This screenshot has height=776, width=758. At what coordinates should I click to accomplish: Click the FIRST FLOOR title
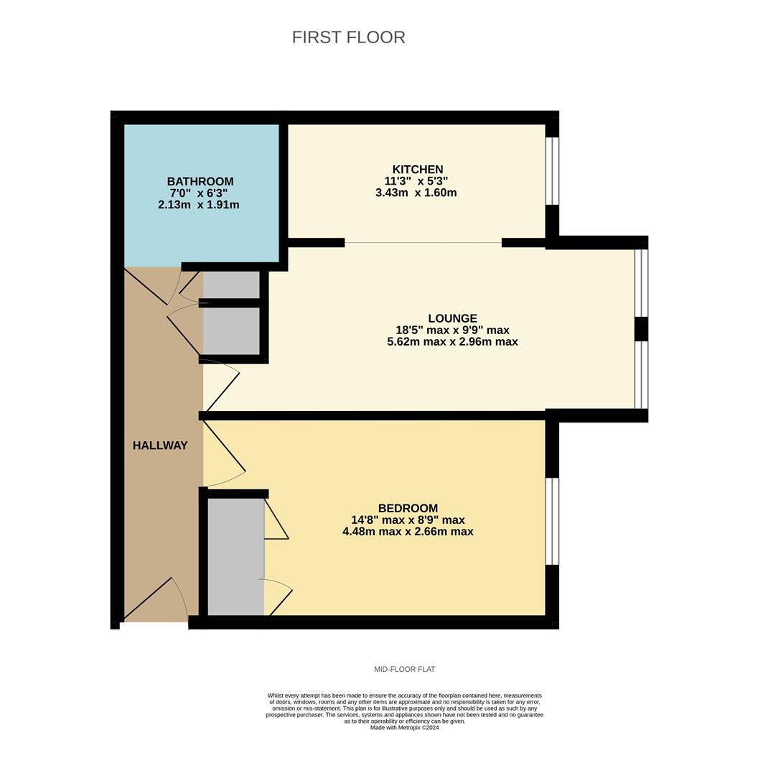(348, 37)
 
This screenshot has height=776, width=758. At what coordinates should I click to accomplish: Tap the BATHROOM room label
(200, 182)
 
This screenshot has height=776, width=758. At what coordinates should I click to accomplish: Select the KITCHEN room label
(417, 170)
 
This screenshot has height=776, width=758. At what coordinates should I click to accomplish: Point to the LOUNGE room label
(452, 318)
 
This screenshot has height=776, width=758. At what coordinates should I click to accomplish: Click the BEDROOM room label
(408, 508)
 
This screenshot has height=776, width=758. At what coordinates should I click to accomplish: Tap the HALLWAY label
(160, 445)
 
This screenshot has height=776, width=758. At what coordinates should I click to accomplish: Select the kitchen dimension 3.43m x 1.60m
(416, 193)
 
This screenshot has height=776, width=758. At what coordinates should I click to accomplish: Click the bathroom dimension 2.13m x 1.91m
(199, 205)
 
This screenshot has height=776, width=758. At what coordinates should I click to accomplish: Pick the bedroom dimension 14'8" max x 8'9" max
(408, 520)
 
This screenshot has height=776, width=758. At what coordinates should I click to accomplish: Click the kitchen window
(552, 171)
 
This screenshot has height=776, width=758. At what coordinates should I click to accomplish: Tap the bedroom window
(552, 521)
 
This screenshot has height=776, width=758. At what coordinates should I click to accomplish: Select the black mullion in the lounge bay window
(641, 329)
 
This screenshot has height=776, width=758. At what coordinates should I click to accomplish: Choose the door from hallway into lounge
(221, 388)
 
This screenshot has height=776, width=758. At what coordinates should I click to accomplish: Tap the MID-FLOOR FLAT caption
(404, 670)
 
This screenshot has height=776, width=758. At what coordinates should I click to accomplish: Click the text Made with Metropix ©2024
(404, 728)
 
